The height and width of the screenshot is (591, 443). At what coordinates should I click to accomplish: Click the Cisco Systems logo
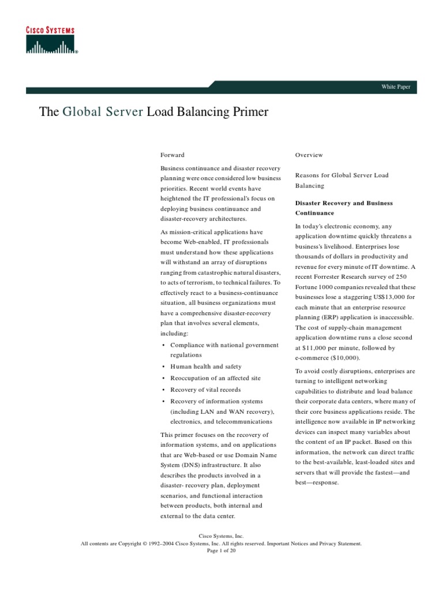52,40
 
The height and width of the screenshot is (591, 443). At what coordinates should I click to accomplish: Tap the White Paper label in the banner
395,87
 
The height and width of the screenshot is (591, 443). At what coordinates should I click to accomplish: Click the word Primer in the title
247,112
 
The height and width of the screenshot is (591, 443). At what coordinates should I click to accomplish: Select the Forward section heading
172,155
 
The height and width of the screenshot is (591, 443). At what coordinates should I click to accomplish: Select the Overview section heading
309,155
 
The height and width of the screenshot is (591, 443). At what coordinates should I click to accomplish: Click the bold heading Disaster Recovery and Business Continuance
344,208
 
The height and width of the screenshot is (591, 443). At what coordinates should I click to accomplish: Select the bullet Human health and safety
205,366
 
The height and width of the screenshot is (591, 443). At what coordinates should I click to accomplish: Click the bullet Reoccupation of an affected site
215,378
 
